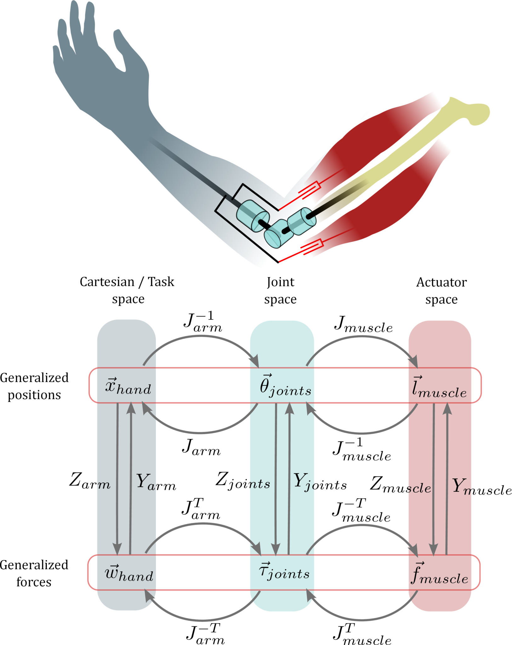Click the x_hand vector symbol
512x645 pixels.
128,387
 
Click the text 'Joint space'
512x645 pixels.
280,290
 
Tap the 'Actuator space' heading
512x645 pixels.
441,290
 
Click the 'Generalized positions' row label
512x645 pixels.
34,386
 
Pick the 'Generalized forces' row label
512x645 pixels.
34,573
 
